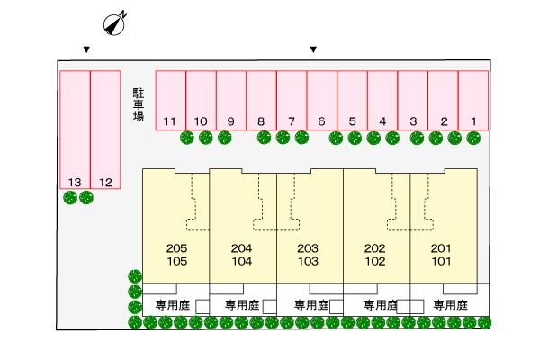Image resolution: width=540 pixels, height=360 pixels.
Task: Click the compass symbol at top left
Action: (x=114, y=24)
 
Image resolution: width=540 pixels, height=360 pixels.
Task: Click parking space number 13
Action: (x=75, y=130)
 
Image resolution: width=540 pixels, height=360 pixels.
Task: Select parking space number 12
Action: (x=105, y=130)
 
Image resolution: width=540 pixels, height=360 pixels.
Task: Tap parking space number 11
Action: (x=171, y=101)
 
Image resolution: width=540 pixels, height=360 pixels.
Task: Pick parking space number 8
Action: (x=261, y=101)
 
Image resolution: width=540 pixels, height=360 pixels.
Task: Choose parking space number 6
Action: (x=321, y=101)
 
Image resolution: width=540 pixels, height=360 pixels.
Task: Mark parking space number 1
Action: (x=472, y=101)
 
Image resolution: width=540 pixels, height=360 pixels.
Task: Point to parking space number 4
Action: (x=382, y=101)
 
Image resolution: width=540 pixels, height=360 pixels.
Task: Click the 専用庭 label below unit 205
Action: (x=172, y=305)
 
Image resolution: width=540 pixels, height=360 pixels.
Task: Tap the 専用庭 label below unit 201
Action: (x=450, y=305)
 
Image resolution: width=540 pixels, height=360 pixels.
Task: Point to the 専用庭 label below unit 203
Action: (x=311, y=305)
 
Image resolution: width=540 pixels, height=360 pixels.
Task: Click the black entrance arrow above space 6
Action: (x=313, y=49)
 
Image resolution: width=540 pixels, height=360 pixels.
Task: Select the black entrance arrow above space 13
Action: (x=85, y=49)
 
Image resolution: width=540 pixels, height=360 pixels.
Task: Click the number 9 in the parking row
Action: (x=231, y=121)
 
